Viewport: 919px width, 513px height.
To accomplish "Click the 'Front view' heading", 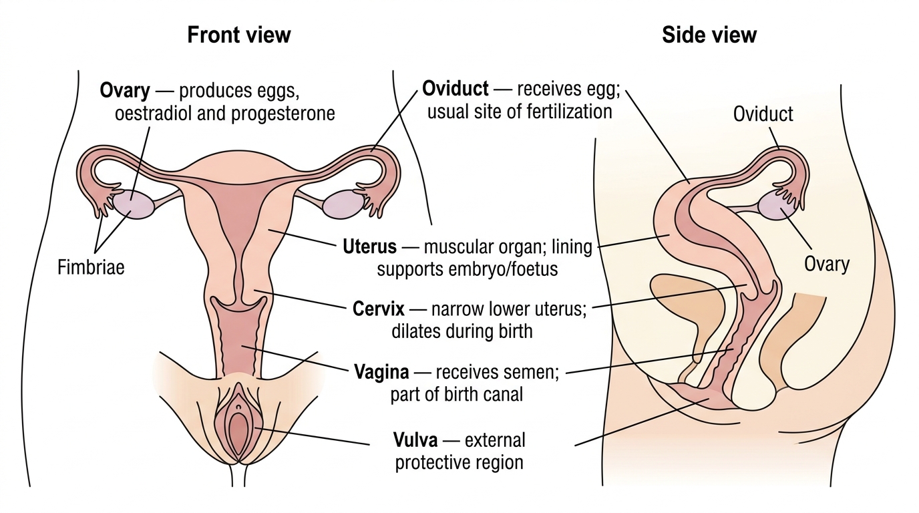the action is pos(239,35).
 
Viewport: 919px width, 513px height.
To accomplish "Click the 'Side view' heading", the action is pos(709,35).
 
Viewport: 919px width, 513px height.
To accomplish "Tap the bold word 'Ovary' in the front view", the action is pos(125,91).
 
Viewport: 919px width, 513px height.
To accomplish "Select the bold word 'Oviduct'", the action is pos(455,89).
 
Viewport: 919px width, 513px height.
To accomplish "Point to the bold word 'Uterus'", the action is pos(369,246).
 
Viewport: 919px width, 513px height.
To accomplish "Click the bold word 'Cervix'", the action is pos(378,309).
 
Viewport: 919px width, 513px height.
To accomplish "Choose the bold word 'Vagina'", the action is pos(381,372).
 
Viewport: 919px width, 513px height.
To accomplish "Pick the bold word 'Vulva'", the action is pos(415,440).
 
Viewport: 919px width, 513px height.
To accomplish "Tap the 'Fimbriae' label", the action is pos(91,268).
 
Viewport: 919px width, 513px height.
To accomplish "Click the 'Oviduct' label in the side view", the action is pos(763,114).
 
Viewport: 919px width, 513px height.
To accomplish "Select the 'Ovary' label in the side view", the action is pos(826,265).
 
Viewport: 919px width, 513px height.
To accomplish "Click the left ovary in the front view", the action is pos(133,204).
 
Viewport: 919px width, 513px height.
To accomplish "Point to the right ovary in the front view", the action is pos(343,204).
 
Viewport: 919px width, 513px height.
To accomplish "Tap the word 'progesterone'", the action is pos(283,114).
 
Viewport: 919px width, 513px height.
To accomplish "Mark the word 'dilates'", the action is pos(416,331).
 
